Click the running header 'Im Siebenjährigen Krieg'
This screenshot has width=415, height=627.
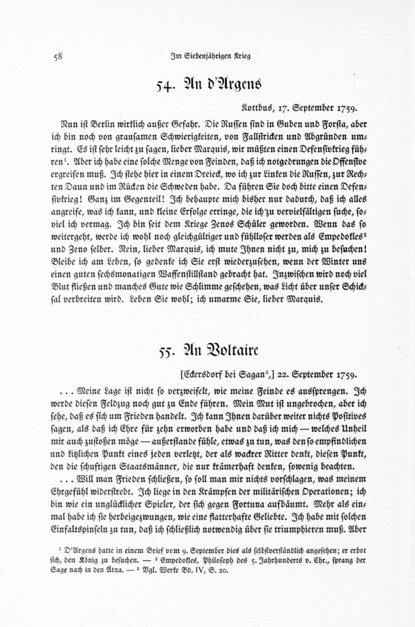[211, 57]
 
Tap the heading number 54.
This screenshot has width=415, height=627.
[165, 86]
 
